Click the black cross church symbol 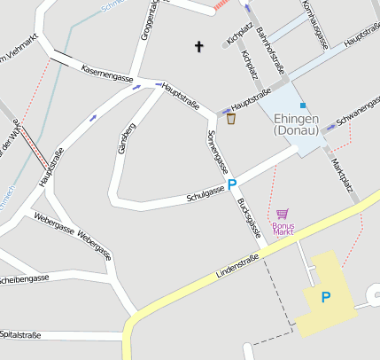click(x=199, y=45)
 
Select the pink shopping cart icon click(x=283, y=214)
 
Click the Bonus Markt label click(x=283, y=229)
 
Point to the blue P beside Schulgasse click(x=233, y=185)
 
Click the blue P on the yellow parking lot click(x=326, y=298)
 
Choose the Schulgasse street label click(x=206, y=194)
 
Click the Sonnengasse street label click(x=215, y=151)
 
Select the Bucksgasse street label click(x=251, y=218)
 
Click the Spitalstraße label click(x=22, y=334)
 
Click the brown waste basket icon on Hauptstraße click(x=231, y=118)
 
